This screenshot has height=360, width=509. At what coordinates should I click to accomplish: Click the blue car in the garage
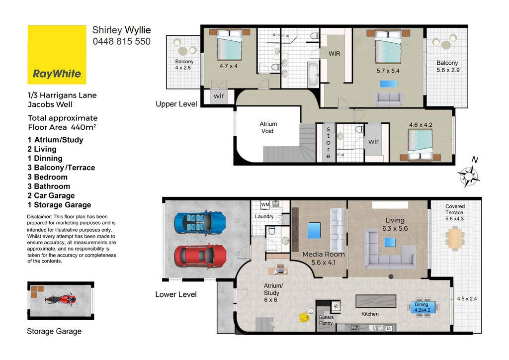200,222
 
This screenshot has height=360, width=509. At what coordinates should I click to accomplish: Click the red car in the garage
200,255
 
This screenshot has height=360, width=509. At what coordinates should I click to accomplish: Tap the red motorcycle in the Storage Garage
60,299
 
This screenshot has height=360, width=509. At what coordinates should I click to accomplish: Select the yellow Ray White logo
57,55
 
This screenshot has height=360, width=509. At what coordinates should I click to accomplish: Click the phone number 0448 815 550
122,42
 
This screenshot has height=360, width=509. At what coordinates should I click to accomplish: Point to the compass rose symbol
469,176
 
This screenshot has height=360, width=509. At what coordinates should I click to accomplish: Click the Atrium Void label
268,128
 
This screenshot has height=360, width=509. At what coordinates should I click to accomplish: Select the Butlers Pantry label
326,320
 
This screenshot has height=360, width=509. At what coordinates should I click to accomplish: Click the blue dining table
422,307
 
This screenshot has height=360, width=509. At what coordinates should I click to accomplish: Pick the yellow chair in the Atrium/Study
304,317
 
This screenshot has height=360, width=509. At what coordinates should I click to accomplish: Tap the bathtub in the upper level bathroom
313,75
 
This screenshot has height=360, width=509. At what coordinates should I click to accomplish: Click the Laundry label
264,216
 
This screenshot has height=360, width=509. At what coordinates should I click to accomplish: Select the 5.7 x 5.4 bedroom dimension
388,71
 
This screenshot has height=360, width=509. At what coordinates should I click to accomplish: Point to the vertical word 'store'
328,143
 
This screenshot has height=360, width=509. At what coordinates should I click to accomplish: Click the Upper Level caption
176,104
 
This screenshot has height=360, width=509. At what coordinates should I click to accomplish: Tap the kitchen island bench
376,301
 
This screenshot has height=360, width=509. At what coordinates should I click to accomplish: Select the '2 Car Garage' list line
51,195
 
